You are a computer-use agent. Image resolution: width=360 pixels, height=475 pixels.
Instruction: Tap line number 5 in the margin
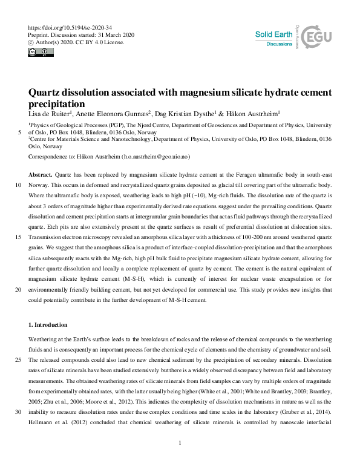(x=21, y=133)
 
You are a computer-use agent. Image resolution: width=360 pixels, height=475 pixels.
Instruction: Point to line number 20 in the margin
(x=19, y=290)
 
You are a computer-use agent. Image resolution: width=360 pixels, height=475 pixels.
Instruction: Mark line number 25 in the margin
(x=19, y=359)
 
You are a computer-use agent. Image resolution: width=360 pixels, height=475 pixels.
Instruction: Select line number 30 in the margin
(x=19, y=411)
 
